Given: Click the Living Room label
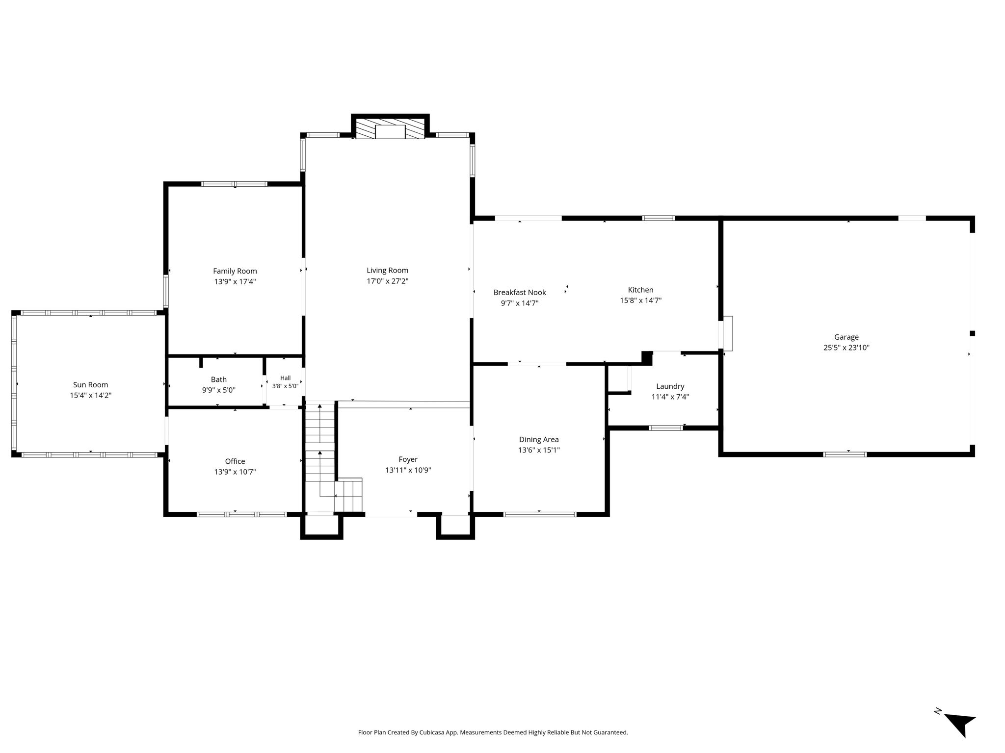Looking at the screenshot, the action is (x=387, y=270).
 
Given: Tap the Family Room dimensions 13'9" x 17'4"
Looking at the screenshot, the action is (x=235, y=282).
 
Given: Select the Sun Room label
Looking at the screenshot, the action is (x=90, y=385).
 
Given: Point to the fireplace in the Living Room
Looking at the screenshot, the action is (x=390, y=128).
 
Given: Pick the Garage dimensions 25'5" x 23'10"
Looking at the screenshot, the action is (x=846, y=348).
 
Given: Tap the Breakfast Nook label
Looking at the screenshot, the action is (x=520, y=292).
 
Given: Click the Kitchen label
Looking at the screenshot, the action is (x=640, y=290).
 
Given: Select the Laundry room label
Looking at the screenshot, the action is (x=670, y=386).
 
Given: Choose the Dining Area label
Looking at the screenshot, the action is (x=539, y=439).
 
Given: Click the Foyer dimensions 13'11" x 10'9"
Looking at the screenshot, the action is (x=408, y=470).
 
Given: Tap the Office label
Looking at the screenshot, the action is (x=235, y=461).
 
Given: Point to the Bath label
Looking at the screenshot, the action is (x=219, y=379).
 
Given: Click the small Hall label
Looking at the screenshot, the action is (x=286, y=378).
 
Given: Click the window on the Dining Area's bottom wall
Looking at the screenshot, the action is (x=540, y=514).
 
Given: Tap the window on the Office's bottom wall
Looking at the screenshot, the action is (x=241, y=514).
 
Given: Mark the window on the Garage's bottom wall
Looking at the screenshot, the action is (x=845, y=454).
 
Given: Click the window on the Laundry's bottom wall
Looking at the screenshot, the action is (x=665, y=428).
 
